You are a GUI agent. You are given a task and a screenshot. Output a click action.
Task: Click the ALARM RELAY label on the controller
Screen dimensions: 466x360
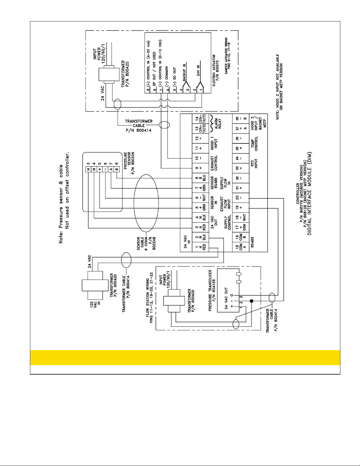[x=218, y=124]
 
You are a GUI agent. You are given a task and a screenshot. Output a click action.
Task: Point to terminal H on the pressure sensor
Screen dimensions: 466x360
[x=88, y=169]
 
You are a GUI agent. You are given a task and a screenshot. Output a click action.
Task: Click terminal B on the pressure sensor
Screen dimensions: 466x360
[x=117, y=169]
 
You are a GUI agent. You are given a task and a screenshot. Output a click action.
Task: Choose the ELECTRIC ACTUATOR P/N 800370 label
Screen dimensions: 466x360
[x=216, y=70]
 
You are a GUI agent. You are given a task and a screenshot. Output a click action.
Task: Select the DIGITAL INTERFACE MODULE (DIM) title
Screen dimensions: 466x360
[x=309, y=193]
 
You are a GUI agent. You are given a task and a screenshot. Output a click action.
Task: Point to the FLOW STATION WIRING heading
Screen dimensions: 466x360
[x=150, y=297]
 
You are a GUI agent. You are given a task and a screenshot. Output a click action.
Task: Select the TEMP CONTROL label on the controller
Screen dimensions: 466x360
[x=254, y=143]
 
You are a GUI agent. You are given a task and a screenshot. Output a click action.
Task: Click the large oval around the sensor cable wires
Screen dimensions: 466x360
[x=146, y=203]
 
